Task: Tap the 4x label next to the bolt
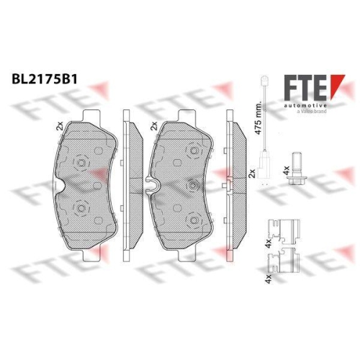(287, 171)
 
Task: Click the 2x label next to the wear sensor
(251, 173)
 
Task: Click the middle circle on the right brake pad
(192, 186)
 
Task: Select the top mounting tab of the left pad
(91, 115)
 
